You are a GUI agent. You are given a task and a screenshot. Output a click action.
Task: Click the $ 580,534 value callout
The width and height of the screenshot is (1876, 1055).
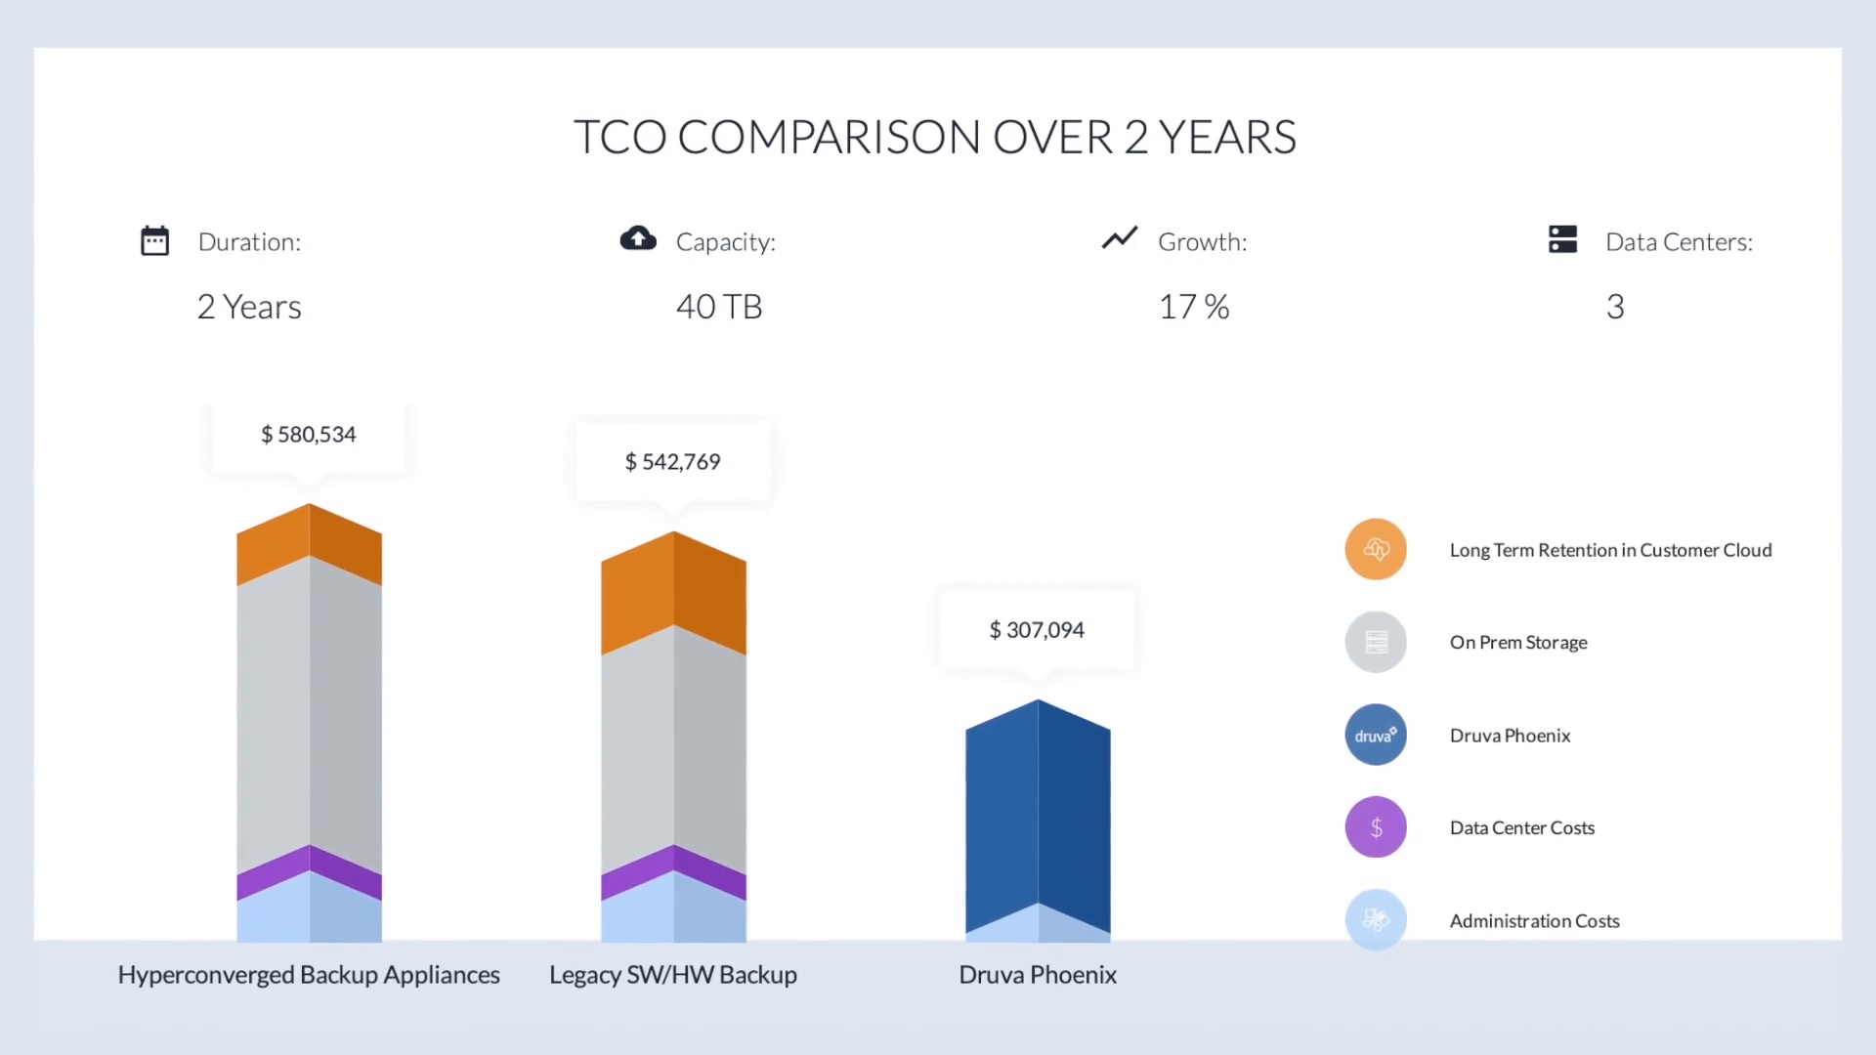pos(308,435)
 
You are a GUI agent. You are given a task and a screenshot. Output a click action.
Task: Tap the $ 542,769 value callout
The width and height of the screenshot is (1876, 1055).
pos(672,462)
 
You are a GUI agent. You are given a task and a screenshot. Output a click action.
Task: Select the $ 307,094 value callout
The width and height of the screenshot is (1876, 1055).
pos(1037,630)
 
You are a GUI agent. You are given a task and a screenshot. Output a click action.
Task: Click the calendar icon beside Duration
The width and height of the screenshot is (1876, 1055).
pos(154,240)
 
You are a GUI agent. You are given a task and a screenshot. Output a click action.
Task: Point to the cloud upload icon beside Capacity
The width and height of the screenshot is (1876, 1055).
pos(638,238)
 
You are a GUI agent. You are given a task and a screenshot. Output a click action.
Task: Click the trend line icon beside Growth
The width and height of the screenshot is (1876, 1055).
pos(1120,237)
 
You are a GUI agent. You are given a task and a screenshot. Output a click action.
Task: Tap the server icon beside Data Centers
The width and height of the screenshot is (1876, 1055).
pos(1562,239)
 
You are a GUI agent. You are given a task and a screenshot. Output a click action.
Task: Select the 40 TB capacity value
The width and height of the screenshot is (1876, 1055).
pos(719,307)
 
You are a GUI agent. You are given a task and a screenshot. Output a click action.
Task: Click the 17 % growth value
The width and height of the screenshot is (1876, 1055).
pos(1193,307)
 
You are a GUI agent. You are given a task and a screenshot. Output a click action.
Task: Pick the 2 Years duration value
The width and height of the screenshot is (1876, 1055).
pos(249,307)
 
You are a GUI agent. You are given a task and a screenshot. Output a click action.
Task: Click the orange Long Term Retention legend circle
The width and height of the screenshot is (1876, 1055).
pos(1376,549)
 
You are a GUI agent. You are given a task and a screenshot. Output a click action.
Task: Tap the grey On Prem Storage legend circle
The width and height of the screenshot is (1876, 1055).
pos(1376,642)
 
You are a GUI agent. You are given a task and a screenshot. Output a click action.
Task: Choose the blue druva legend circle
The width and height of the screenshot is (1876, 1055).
pos(1376,735)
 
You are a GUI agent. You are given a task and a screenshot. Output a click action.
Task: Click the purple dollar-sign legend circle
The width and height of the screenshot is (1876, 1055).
pos(1376,827)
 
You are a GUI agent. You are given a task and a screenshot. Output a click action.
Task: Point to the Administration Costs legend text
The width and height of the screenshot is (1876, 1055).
pos(1534,921)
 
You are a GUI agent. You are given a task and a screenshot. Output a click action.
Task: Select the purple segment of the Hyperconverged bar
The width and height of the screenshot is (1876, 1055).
pos(309,872)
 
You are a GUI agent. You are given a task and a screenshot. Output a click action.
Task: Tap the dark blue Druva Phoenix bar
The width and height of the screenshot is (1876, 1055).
pos(1038,811)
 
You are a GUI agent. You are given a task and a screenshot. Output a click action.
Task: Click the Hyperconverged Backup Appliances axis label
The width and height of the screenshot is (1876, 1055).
pos(309,975)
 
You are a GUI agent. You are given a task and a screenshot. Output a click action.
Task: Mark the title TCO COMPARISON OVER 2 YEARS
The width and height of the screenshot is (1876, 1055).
pos(935,137)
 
